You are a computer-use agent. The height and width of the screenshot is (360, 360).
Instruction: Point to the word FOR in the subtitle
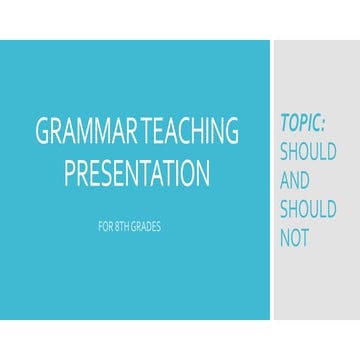[105, 226]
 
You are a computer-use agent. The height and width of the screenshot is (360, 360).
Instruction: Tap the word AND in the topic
[297, 181]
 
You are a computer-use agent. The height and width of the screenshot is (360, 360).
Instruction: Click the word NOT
[297, 239]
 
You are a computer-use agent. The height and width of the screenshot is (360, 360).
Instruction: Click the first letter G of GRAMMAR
[42, 133]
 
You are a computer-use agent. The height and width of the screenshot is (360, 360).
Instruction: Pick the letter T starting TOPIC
[284, 124]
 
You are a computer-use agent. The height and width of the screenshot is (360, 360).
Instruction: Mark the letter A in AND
[284, 181]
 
